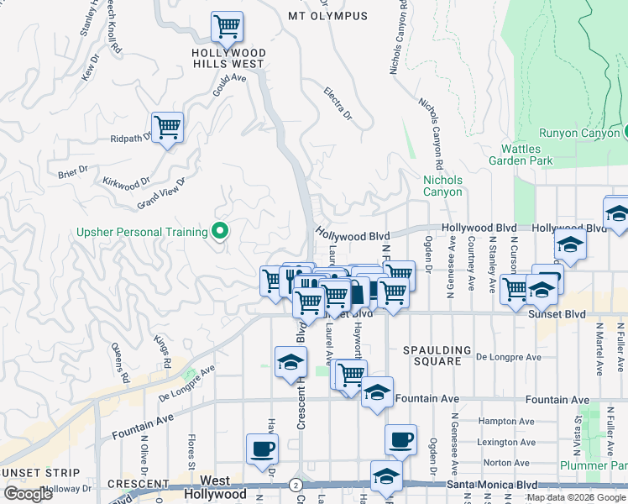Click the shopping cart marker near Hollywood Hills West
click(x=227, y=28)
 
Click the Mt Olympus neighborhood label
click(x=327, y=16)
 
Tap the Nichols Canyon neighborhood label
click(x=442, y=186)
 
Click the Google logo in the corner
click(x=27, y=494)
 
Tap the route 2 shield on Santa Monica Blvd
click(x=296, y=485)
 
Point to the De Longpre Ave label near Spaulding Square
click(x=505, y=356)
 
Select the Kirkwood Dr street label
click(x=126, y=181)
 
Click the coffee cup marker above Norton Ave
click(x=400, y=438)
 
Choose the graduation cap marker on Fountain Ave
click(x=377, y=393)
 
